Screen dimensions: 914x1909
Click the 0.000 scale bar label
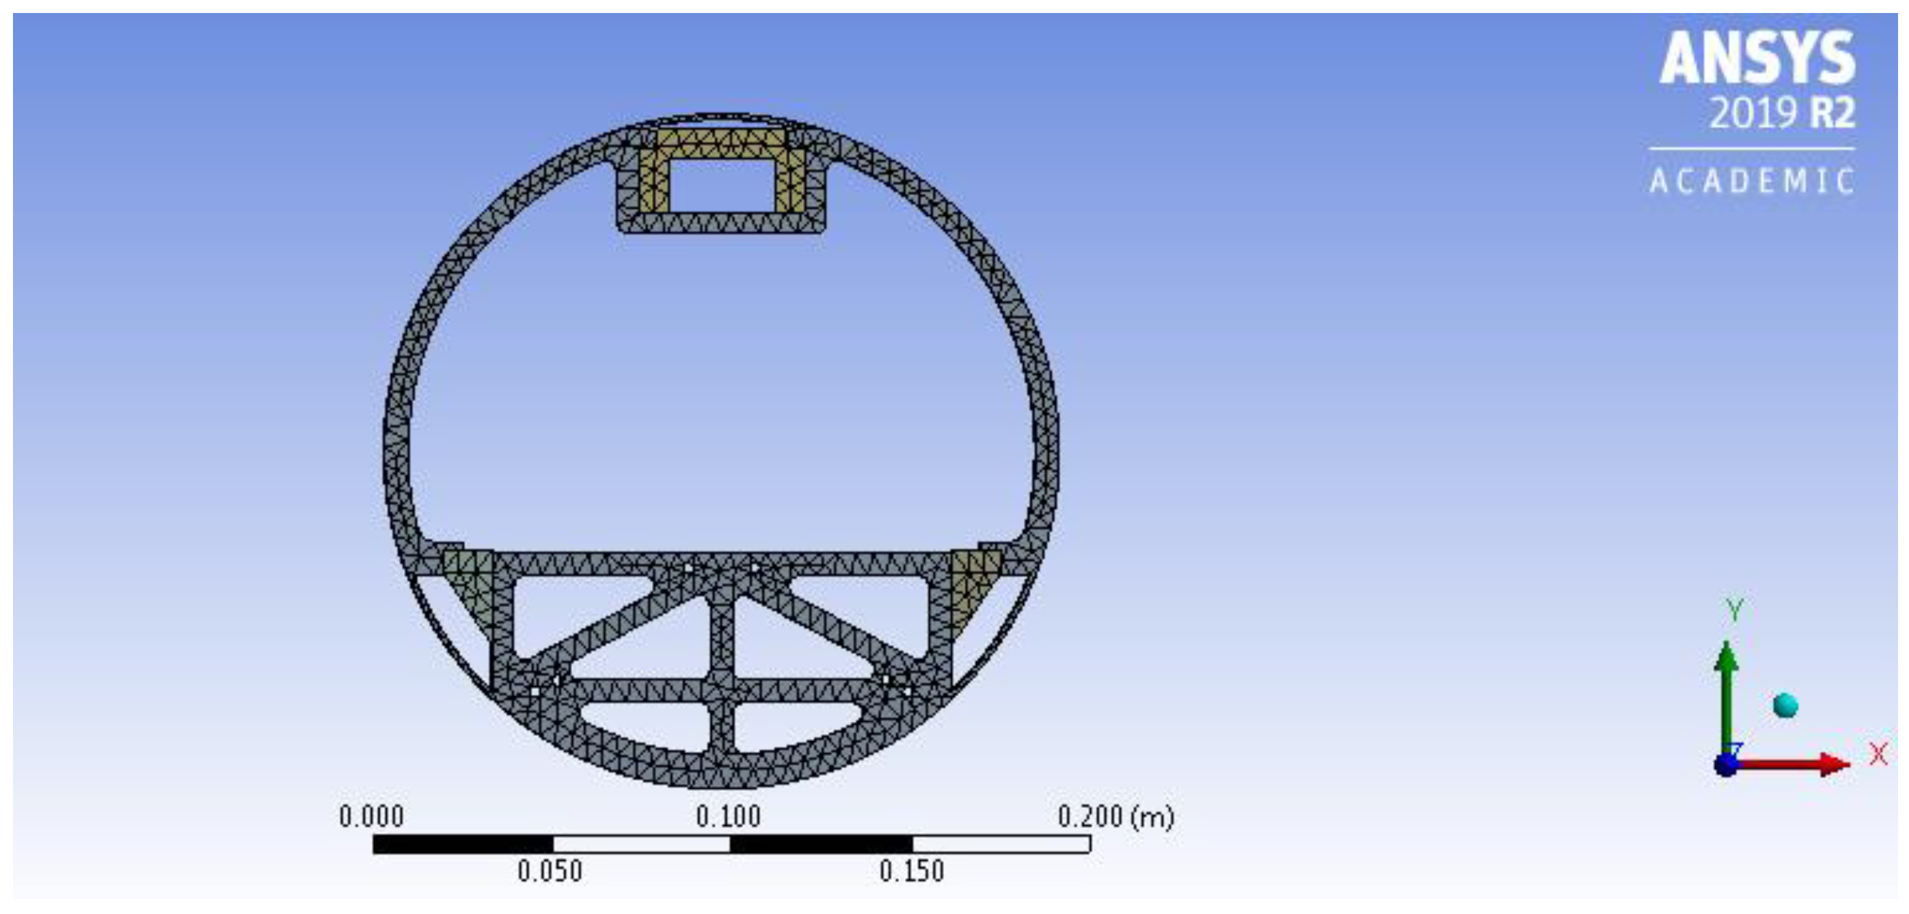pos(371,817)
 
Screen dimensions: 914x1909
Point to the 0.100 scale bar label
pos(728,817)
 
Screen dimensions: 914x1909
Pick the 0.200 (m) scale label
pos(1115,817)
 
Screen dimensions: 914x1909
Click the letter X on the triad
pos(1878,755)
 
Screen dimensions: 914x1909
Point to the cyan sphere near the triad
pos(1785,705)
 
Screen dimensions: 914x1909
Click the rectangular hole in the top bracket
pos(721,186)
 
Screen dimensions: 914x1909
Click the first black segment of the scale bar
pos(463,844)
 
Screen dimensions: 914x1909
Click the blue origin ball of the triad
pos(1726,764)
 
